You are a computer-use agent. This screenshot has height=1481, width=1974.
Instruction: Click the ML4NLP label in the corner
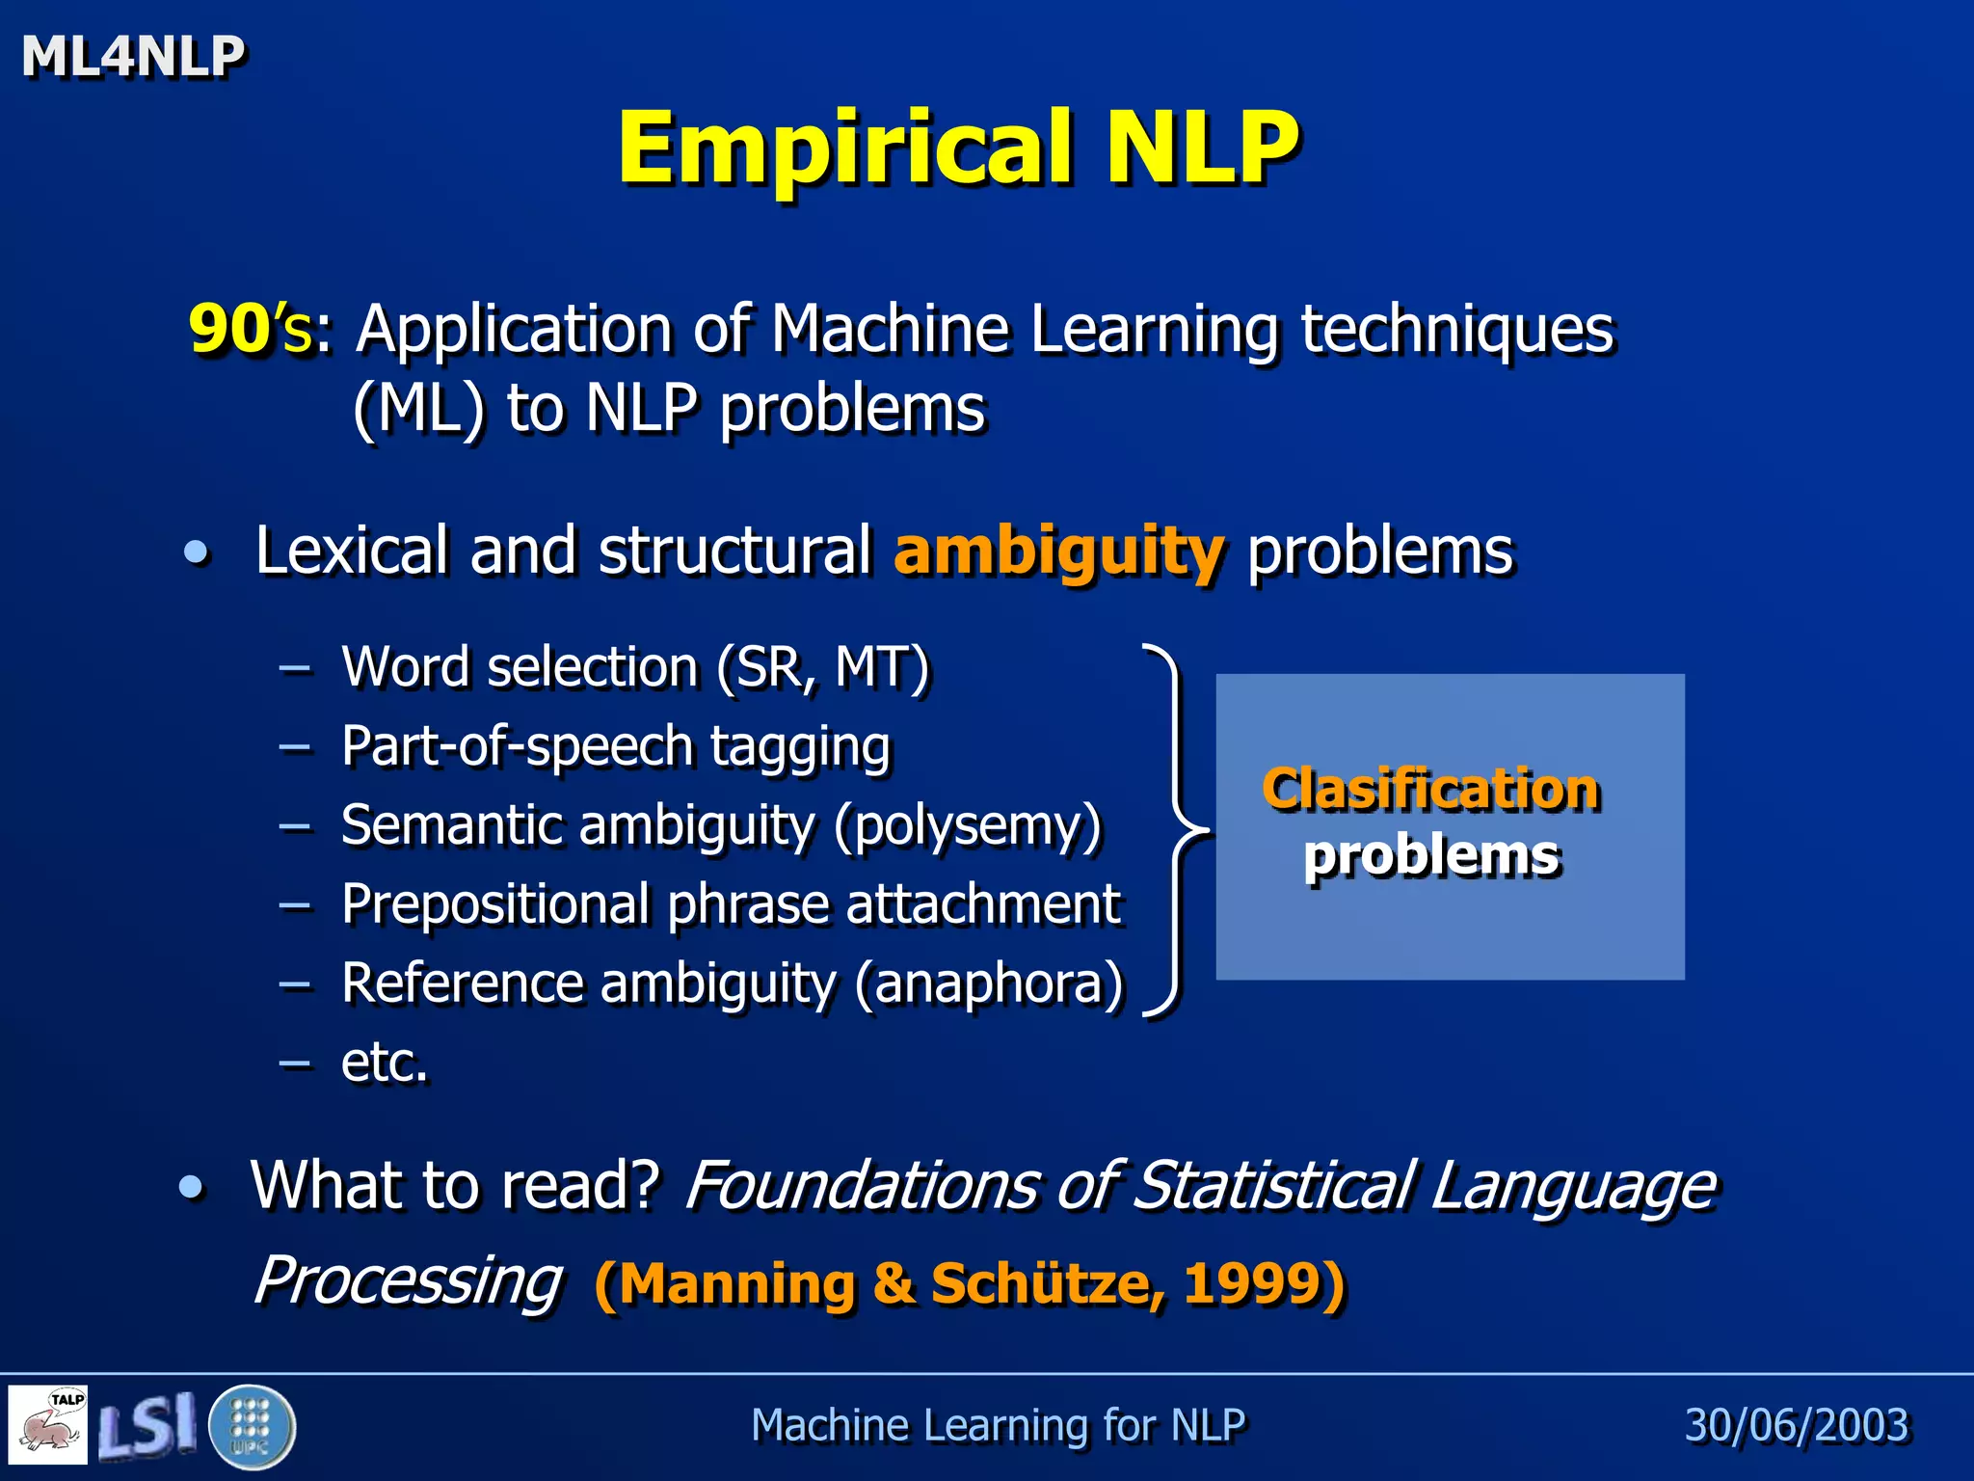[133, 56]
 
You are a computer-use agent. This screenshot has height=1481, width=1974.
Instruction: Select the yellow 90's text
[250, 330]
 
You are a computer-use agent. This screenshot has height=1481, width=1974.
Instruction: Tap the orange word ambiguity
[1059, 552]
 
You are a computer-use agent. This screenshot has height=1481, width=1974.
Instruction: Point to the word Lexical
[352, 552]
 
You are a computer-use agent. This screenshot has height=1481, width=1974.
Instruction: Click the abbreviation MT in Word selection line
[875, 667]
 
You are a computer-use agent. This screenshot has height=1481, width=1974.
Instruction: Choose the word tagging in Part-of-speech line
[800, 748]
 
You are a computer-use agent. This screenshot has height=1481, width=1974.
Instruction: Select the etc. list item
[384, 1063]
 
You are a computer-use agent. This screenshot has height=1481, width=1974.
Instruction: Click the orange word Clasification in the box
[1431, 790]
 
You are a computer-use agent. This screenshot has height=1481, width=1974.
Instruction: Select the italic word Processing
[408, 1281]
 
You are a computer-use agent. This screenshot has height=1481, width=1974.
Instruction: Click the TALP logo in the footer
[48, 1423]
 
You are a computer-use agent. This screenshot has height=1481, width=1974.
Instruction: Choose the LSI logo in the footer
[147, 1425]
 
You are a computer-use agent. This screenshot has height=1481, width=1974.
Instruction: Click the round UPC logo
[252, 1426]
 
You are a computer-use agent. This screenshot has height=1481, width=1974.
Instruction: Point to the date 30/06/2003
[1796, 1425]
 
